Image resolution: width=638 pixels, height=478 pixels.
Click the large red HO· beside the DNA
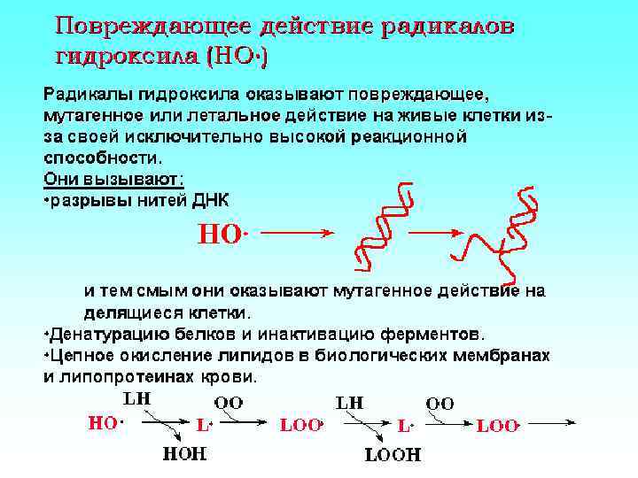point(221,235)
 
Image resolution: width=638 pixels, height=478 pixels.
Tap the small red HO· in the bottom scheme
point(104,423)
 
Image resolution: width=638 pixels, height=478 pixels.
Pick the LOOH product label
point(393,456)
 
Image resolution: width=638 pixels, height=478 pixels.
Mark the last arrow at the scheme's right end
point(555,425)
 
